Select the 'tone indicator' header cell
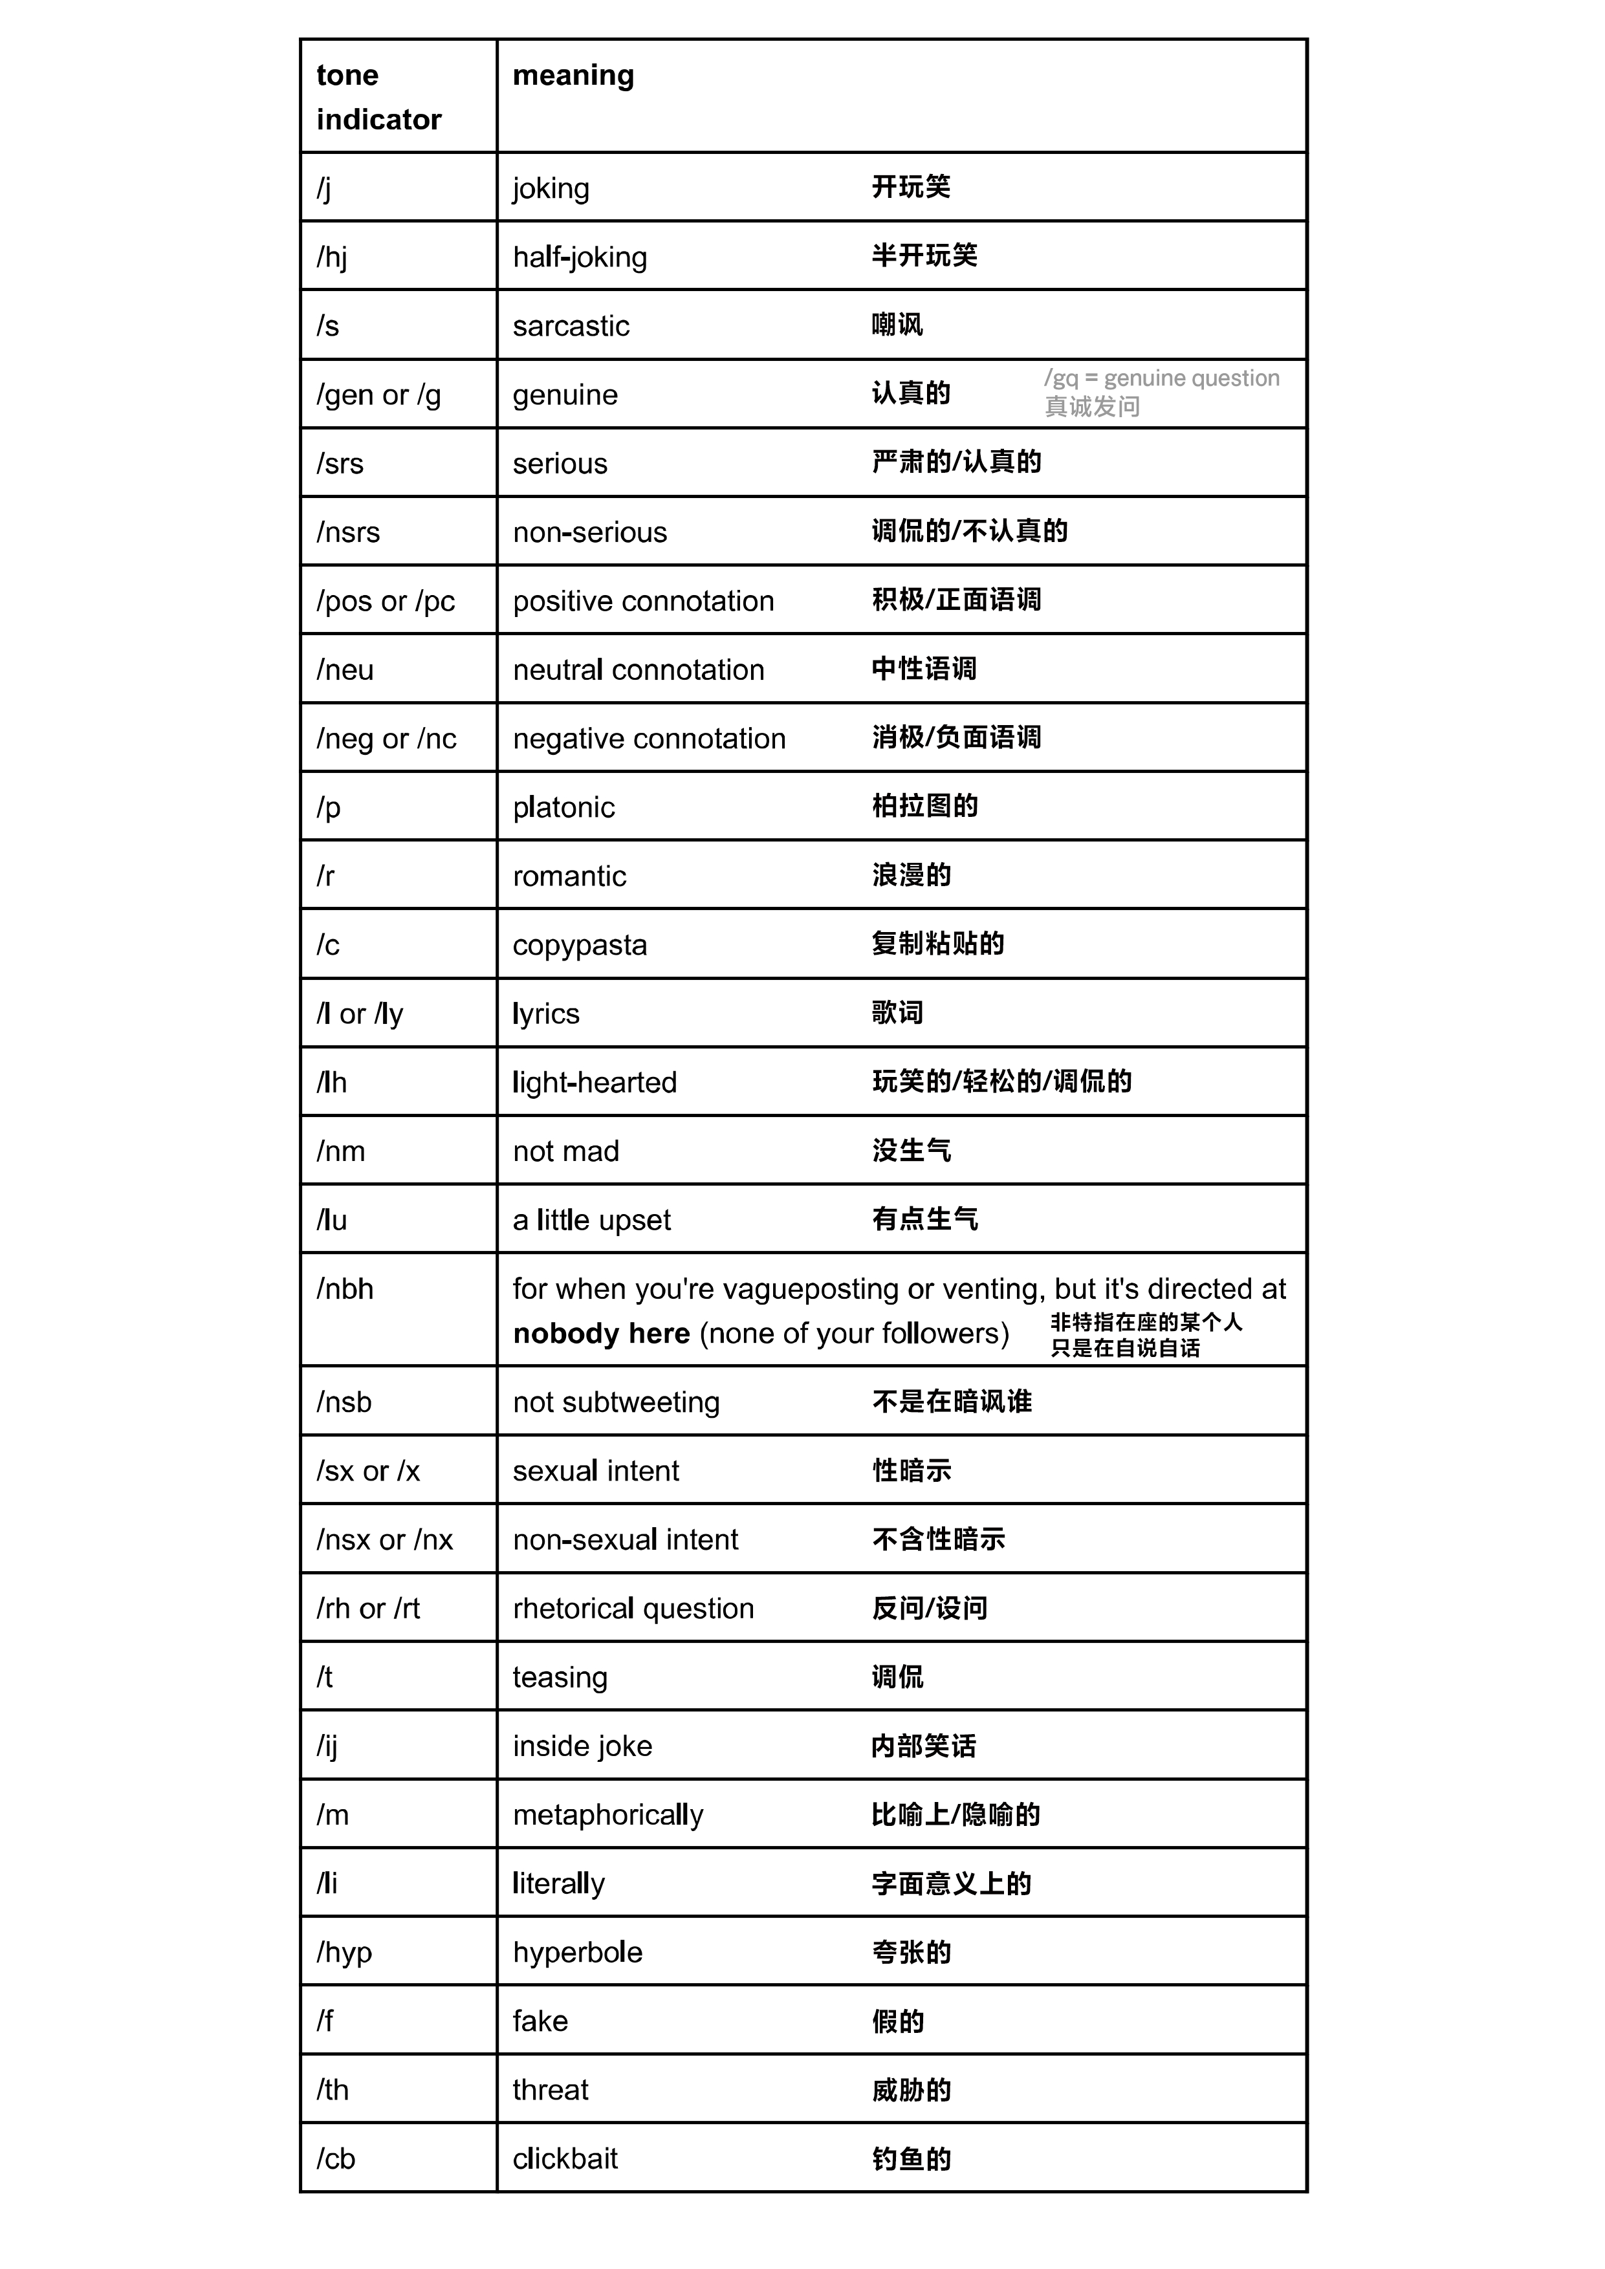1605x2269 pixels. pyautogui.click(x=378, y=97)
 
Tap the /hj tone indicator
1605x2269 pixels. pyautogui.click(x=331, y=258)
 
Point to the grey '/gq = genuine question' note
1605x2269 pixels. pyautogui.click(x=1161, y=378)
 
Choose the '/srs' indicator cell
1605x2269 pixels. pyautogui.click(x=340, y=464)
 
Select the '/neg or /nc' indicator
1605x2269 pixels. pyautogui.click(x=386, y=738)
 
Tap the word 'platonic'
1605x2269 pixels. pyautogui.click(x=563, y=807)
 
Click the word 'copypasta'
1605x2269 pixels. pyautogui.click(x=579, y=945)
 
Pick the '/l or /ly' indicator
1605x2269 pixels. pyautogui.click(x=360, y=1014)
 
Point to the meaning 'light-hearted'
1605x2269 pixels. pyautogui.click(x=594, y=1082)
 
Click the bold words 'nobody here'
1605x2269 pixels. pyautogui.click(x=601, y=1333)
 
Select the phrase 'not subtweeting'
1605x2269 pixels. pyautogui.click(x=616, y=1402)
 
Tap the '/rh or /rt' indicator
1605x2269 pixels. pyautogui.click(x=367, y=1608)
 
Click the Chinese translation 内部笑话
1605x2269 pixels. pyautogui.click(x=923, y=1745)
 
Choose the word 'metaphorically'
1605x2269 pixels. pyautogui.click(x=608, y=1814)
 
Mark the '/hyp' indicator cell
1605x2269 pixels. pyautogui.click(x=344, y=1952)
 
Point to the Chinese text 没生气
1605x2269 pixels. pyautogui.click(x=910, y=1150)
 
